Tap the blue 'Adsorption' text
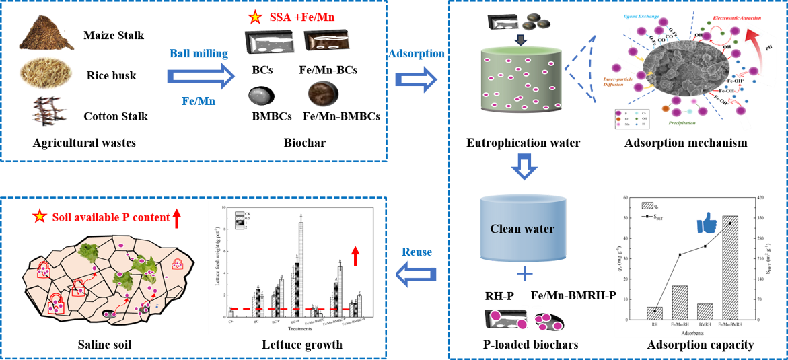pyautogui.click(x=417, y=53)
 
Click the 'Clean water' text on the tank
pyautogui.click(x=522, y=229)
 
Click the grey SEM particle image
pyautogui.click(x=680, y=78)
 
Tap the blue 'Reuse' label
pyautogui.click(x=417, y=252)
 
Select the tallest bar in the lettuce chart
pyautogui.click(x=301, y=270)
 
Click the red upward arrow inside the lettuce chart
pyautogui.click(x=355, y=256)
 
